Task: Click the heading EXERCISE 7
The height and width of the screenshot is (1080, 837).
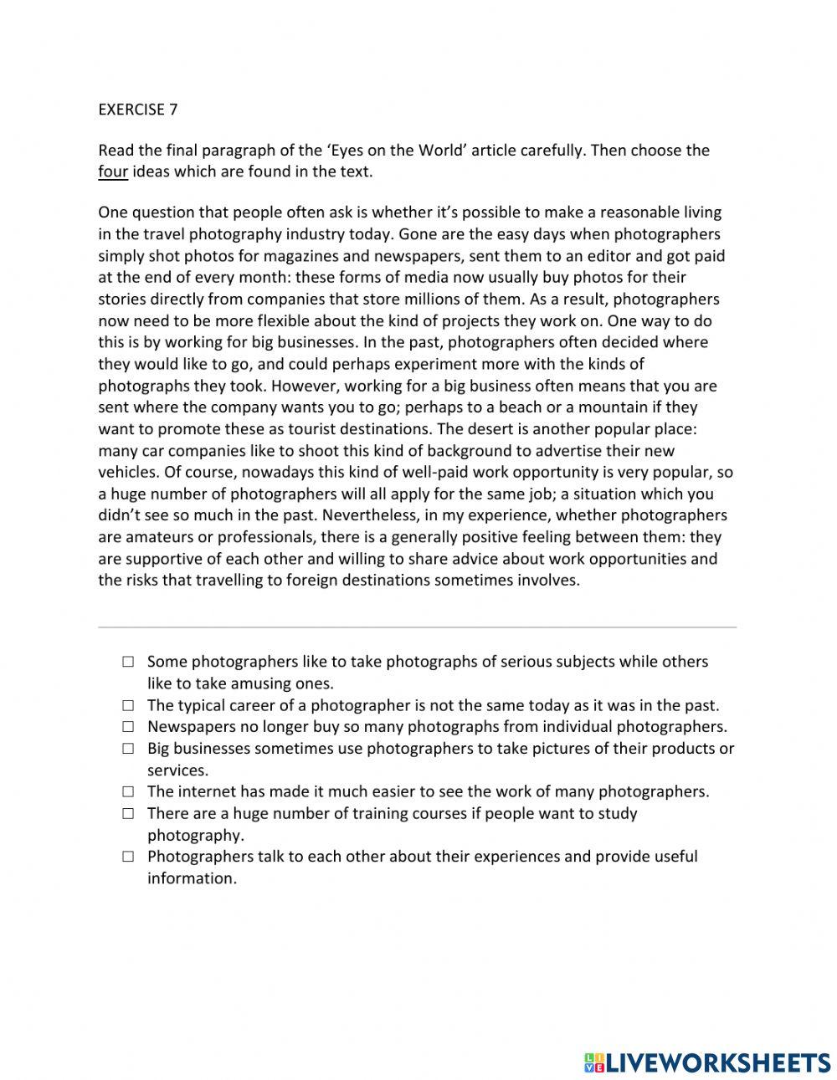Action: tap(138, 109)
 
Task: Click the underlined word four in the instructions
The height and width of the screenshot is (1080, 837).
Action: tap(113, 172)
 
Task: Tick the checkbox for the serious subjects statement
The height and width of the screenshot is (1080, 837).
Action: tap(127, 662)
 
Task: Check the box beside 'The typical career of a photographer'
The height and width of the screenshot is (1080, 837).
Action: tap(127, 705)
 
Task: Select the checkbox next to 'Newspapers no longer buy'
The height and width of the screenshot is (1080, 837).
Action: tap(127, 727)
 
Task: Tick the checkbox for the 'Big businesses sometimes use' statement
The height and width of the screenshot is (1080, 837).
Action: tap(127, 749)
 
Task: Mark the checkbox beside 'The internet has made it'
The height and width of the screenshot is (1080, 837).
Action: tap(127, 791)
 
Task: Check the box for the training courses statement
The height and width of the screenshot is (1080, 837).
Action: tap(127, 813)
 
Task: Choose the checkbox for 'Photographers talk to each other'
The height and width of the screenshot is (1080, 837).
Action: tap(127, 857)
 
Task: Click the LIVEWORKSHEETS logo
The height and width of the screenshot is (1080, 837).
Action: tap(706, 1062)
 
